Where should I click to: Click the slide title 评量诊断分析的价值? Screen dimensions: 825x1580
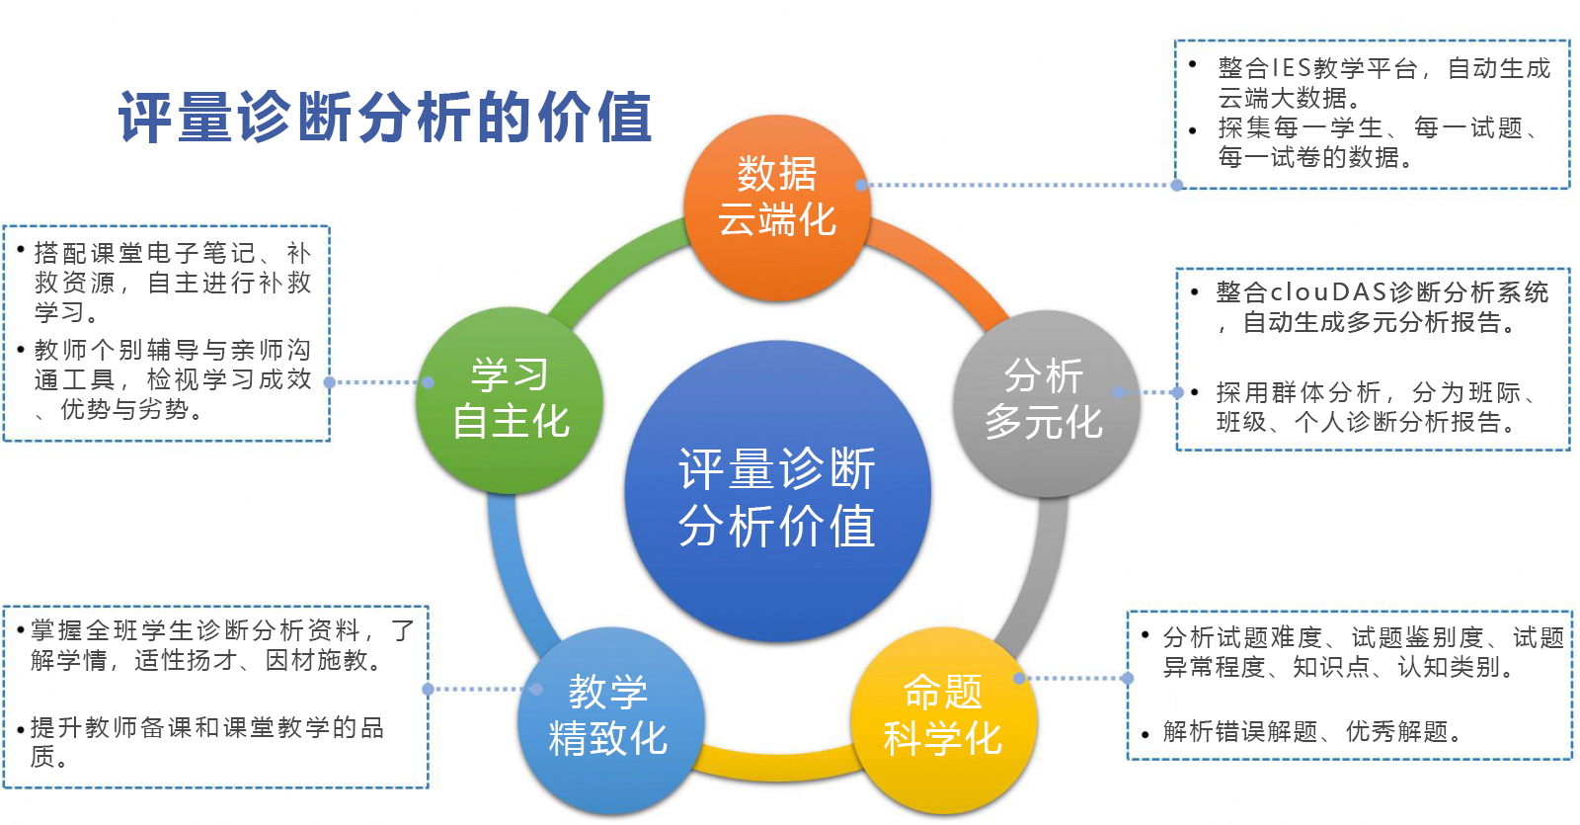pos(385,118)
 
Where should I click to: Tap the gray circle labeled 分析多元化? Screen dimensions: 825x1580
pos(1044,400)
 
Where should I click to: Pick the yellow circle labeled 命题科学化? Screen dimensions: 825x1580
pos(943,716)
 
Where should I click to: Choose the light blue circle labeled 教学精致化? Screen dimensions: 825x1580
pos(609,716)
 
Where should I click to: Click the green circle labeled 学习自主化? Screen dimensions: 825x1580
pos(510,400)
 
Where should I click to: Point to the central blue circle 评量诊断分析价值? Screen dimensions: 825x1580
pos(777,494)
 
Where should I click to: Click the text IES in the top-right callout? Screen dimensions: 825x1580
pos(1291,68)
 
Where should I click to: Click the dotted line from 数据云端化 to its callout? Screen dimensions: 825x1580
pos(1017,185)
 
